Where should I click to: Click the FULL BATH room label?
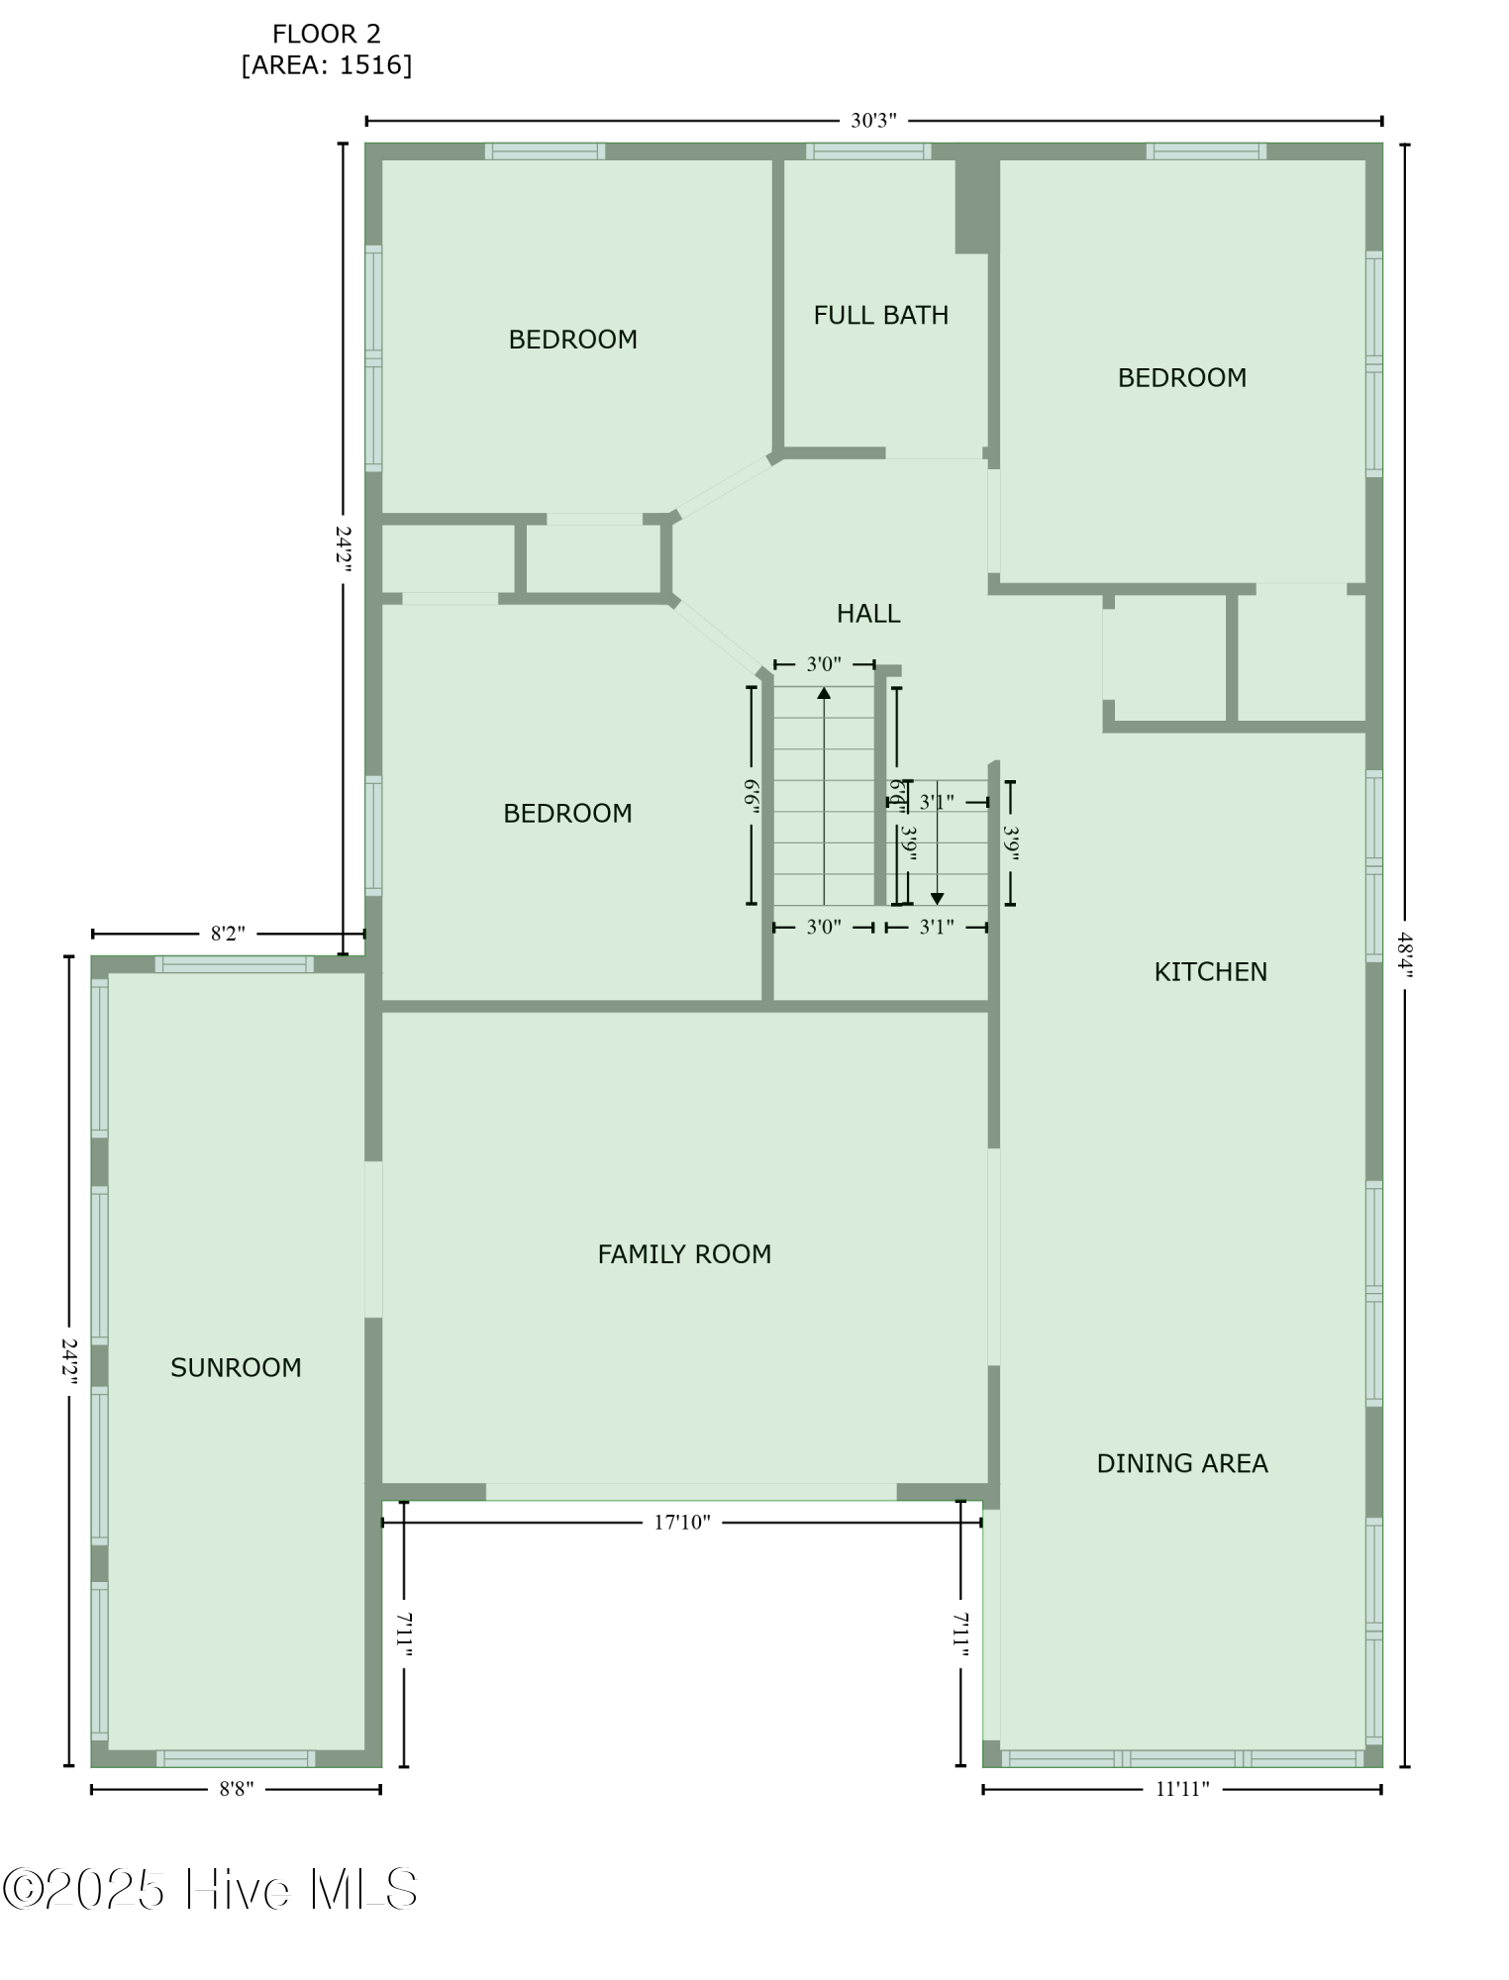coord(880,315)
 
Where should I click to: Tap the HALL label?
coord(868,614)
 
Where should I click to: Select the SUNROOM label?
coord(236,1367)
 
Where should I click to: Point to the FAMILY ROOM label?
coord(684,1254)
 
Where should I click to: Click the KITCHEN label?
coord(1210,971)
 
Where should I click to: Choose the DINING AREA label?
coord(1181,1463)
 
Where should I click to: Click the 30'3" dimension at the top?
coord(873,121)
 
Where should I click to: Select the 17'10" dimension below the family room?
coord(682,1523)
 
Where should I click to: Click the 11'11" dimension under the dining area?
coord(1182,1789)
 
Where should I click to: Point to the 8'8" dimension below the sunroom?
coord(236,1789)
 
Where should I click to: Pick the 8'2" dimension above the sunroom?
coord(228,934)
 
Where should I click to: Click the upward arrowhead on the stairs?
coord(824,692)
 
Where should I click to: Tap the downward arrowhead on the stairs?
coord(937,898)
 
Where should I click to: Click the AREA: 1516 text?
coord(327,65)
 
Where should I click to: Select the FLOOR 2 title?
coord(327,35)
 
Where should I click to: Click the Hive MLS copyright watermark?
coord(210,1890)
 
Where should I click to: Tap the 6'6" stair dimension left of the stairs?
coord(753,796)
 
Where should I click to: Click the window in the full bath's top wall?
coord(867,151)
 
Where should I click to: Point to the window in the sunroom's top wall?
coord(235,964)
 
